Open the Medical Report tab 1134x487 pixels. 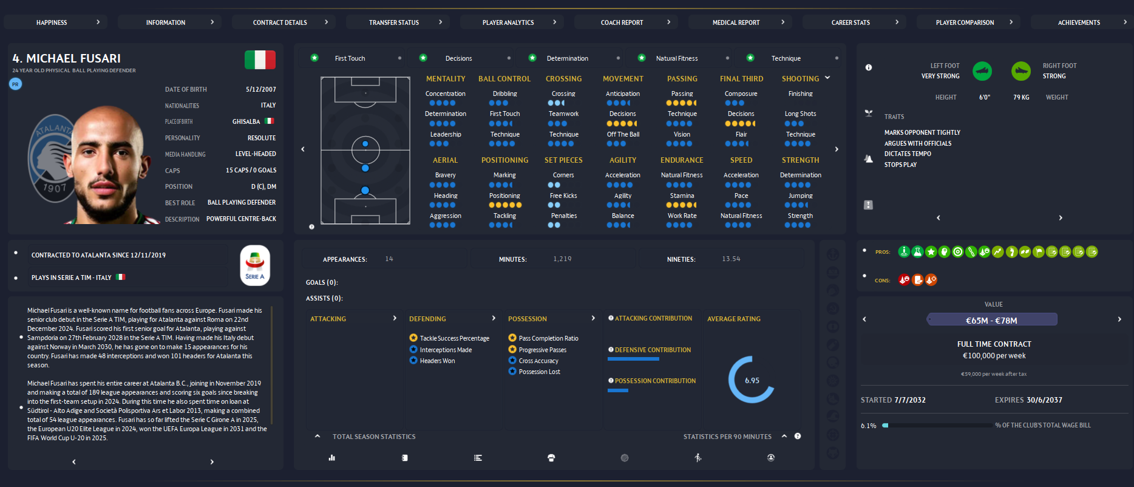tap(736, 22)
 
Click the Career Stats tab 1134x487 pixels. tap(850, 22)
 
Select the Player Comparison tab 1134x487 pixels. tap(965, 22)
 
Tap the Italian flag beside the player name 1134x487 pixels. tap(260, 60)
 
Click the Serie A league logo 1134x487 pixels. tap(255, 265)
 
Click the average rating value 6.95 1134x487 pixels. tap(752, 380)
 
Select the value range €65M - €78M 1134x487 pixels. tap(991, 320)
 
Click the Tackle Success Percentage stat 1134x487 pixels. tap(454, 338)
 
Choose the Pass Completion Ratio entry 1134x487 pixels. tap(548, 338)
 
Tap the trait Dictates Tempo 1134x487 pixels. tap(908, 154)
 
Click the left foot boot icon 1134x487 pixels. tap(982, 71)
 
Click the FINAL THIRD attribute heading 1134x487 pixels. tap(741, 79)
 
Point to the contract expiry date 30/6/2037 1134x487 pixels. tap(1045, 400)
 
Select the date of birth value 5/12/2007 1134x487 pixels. tap(260, 89)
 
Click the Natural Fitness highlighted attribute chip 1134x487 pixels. tap(676, 58)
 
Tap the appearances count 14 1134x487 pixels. tap(389, 259)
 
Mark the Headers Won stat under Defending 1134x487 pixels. tap(437, 361)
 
